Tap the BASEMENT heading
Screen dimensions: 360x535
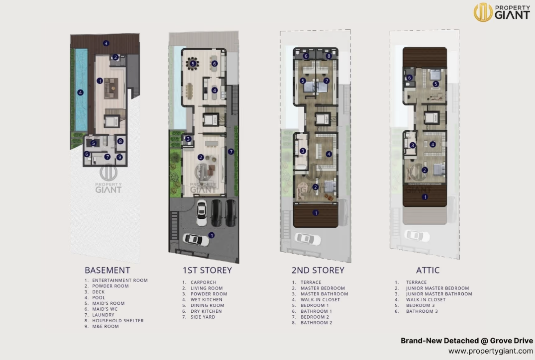point(107,270)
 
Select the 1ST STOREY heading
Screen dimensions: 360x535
point(207,270)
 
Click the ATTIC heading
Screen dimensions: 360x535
point(428,270)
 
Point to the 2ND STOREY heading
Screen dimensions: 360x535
point(318,270)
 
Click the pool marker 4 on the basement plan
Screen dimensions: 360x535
point(80,92)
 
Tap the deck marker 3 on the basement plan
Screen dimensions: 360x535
point(106,43)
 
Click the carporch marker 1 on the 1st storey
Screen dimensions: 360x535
point(212,235)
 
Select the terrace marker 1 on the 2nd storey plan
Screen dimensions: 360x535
point(315,213)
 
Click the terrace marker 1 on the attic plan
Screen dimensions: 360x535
point(425,197)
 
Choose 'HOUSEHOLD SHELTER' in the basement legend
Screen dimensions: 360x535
point(117,321)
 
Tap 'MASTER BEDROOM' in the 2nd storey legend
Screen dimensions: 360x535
point(322,288)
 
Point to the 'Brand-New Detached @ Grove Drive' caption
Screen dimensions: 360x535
point(467,341)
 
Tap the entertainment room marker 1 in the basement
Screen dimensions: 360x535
point(100,81)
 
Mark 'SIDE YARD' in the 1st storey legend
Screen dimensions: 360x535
point(203,317)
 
